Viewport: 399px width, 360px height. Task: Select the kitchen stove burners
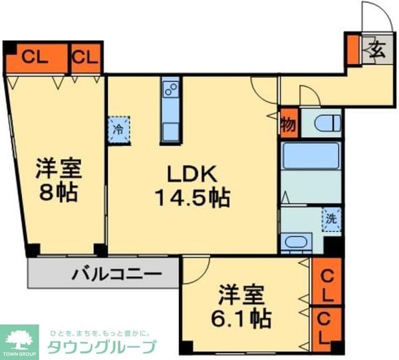click(x=171, y=89)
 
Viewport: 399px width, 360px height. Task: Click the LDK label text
click(x=192, y=175)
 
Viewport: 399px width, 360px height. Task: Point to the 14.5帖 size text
click(x=192, y=197)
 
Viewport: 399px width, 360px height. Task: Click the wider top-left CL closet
click(x=37, y=57)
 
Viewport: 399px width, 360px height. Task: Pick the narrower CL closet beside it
click(x=86, y=57)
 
